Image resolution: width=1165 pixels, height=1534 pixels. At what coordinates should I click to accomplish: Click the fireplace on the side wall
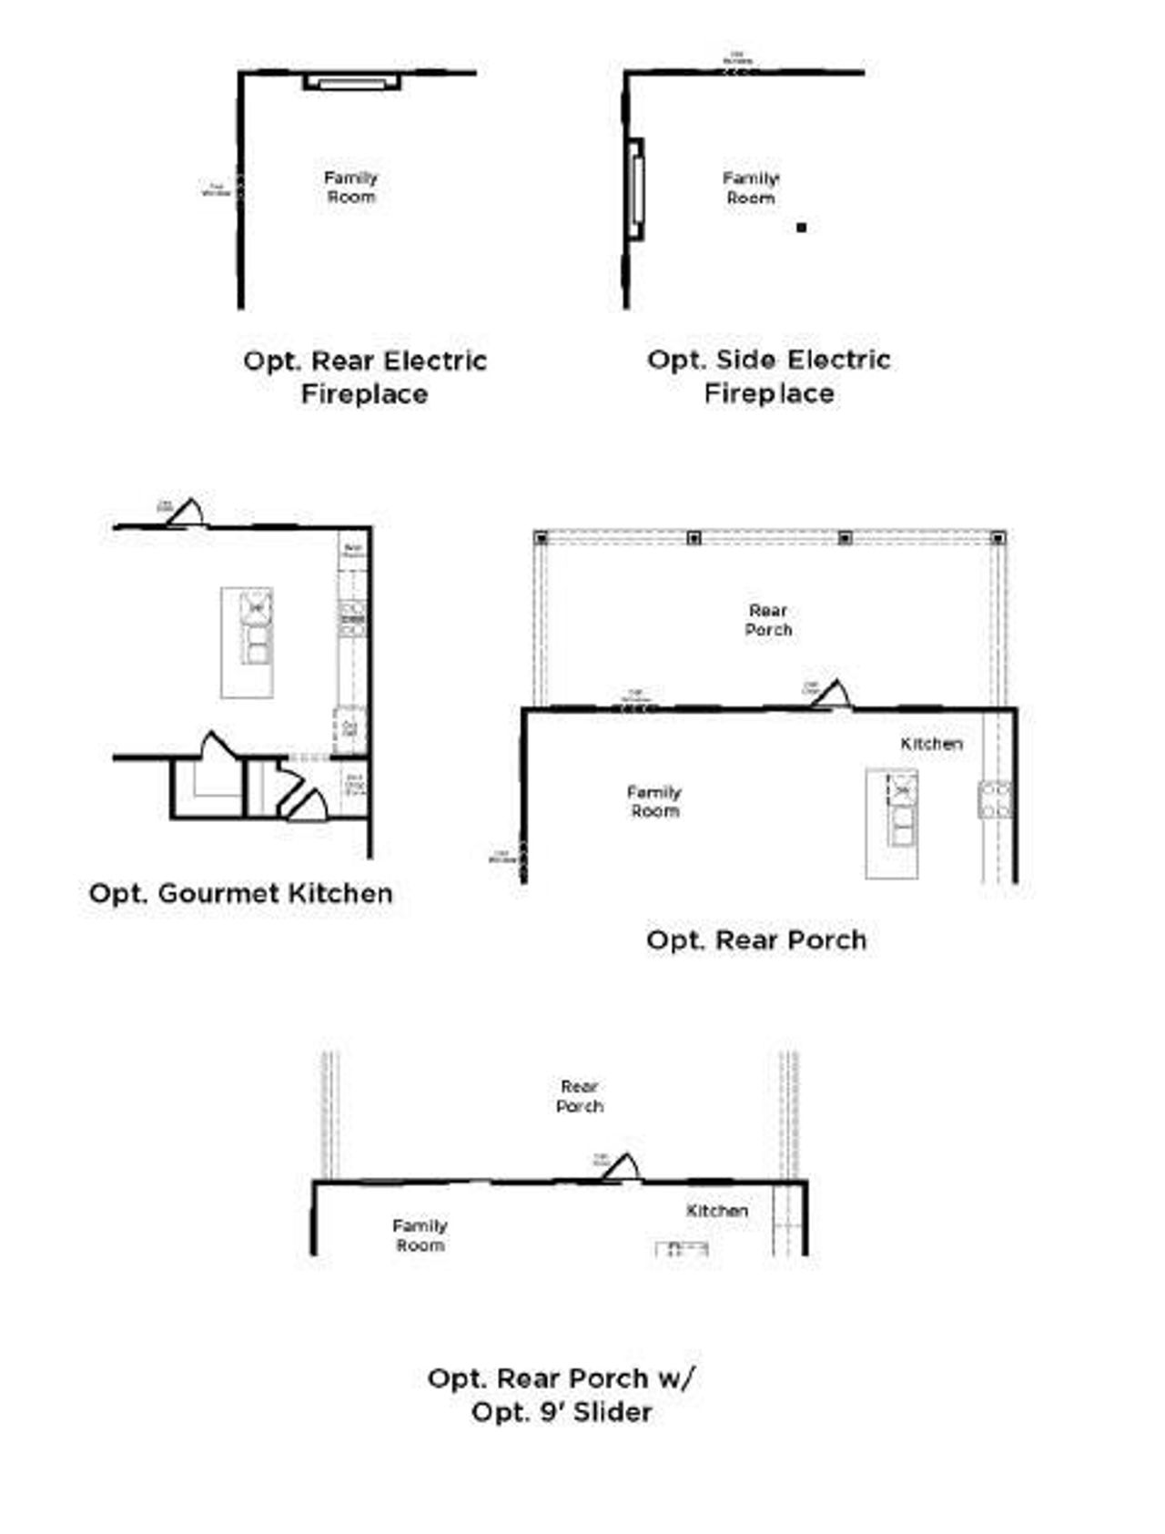(635, 189)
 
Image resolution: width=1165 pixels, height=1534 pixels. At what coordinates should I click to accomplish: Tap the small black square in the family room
(801, 228)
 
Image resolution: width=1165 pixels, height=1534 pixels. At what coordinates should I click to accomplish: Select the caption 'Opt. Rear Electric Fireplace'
(365, 377)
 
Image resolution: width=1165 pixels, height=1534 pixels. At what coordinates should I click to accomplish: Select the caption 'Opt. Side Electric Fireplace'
(769, 376)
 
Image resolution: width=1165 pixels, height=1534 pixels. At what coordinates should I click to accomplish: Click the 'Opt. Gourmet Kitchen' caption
(241, 893)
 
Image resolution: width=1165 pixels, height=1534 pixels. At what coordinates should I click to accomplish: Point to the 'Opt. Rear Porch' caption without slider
(756, 940)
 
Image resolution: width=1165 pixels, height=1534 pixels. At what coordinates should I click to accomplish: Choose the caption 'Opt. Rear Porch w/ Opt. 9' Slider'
(562, 1395)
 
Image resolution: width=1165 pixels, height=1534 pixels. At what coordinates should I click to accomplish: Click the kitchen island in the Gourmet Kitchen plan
(247, 643)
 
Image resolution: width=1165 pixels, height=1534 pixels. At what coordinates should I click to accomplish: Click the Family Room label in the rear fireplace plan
(351, 187)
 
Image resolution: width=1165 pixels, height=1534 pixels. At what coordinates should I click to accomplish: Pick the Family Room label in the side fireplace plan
(751, 188)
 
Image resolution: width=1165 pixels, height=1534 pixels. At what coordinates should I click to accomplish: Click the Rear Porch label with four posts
(768, 620)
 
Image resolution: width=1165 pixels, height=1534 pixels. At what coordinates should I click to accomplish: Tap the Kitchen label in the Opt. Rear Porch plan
(931, 744)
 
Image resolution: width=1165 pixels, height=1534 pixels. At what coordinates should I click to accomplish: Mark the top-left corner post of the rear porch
(542, 538)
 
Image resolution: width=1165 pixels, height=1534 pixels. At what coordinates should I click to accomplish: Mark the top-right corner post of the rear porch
(998, 538)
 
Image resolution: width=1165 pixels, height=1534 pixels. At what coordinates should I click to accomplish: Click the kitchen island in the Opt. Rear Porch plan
(892, 824)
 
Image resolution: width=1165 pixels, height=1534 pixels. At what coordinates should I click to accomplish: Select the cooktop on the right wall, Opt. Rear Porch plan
(994, 799)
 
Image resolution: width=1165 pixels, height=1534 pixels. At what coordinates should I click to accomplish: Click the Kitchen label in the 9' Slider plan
(717, 1211)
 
